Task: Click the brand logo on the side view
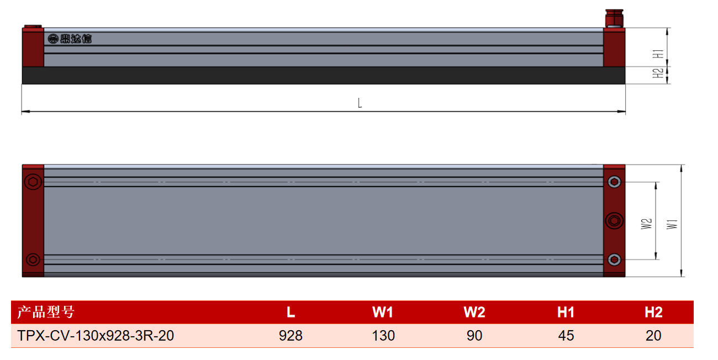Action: tap(70, 39)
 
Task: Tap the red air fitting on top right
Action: tap(614, 18)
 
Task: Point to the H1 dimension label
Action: tap(658, 54)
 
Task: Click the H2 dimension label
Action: tap(658, 73)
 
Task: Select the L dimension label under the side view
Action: tap(360, 103)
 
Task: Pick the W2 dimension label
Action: tap(646, 224)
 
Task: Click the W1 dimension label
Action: tap(672, 224)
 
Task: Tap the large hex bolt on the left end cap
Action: tap(33, 182)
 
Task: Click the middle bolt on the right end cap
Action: tap(614, 221)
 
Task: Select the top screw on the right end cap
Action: tap(614, 182)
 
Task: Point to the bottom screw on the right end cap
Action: tap(614, 260)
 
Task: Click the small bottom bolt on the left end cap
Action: tap(33, 260)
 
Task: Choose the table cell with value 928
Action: tap(291, 336)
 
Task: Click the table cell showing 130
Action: tap(383, 336)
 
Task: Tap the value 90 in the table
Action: tap(474, 336)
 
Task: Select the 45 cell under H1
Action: tap(566, 336)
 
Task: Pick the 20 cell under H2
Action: tap(653, 336)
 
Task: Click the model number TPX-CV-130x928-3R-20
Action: tap(96, 336)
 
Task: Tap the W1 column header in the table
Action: tap(383, 312)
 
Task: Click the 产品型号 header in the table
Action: tap(46, 312)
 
